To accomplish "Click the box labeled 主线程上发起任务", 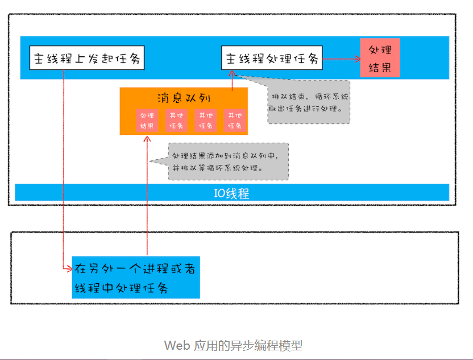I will pos(88,59).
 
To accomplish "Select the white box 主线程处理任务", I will pos(272,59).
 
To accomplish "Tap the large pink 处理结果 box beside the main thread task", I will pos(380,58).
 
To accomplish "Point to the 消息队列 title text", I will pos(184,97).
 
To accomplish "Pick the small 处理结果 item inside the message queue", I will pos(147,120).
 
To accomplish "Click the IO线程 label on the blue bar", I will pos(231,193).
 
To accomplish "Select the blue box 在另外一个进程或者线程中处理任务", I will pos(136,278).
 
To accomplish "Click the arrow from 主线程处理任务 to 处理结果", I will pos(341,58).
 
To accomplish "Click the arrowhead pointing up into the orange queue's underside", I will pos(147,139).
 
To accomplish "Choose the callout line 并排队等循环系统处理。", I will pos(218,168).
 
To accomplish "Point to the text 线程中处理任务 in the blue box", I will pos(121,288).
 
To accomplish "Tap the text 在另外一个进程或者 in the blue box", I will pos(135,268).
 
